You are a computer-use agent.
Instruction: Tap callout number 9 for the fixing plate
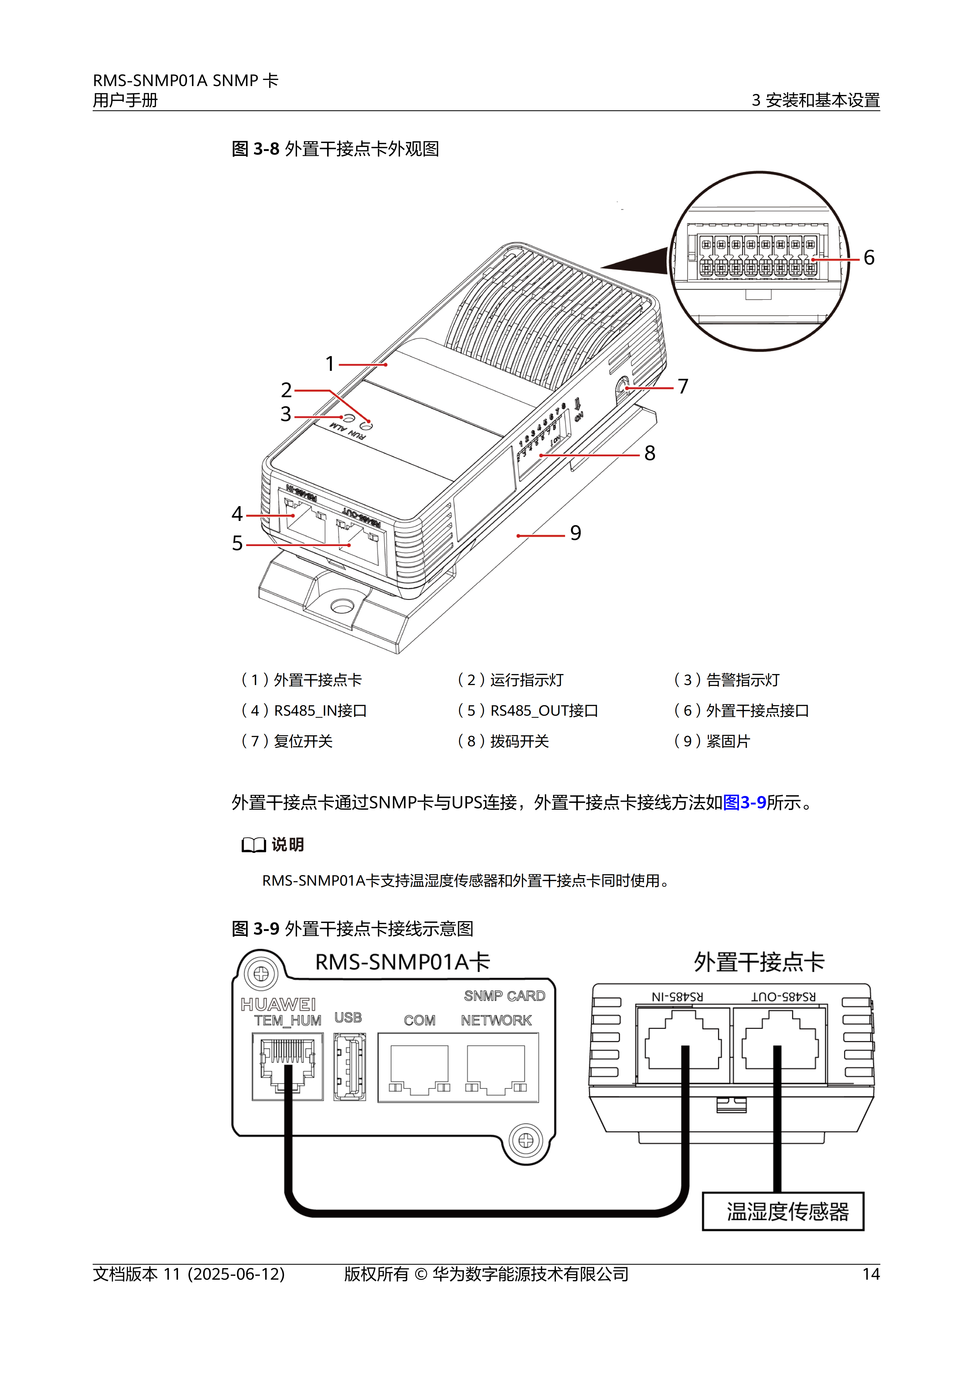click(575, 533)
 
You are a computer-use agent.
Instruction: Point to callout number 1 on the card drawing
click(329, 364)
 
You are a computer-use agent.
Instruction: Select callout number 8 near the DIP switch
click(649, 453)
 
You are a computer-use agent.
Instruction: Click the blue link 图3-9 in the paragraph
click(745, 802)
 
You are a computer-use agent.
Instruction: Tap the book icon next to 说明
click(253, 845)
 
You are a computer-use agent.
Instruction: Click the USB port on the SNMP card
click(350, 1067)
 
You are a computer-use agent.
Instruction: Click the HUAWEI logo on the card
click(278, 1004)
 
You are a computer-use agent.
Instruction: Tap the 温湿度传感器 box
click(783, 1211)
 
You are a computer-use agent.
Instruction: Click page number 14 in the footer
click(871, 1274)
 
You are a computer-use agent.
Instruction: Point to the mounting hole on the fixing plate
click(341, 607)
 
